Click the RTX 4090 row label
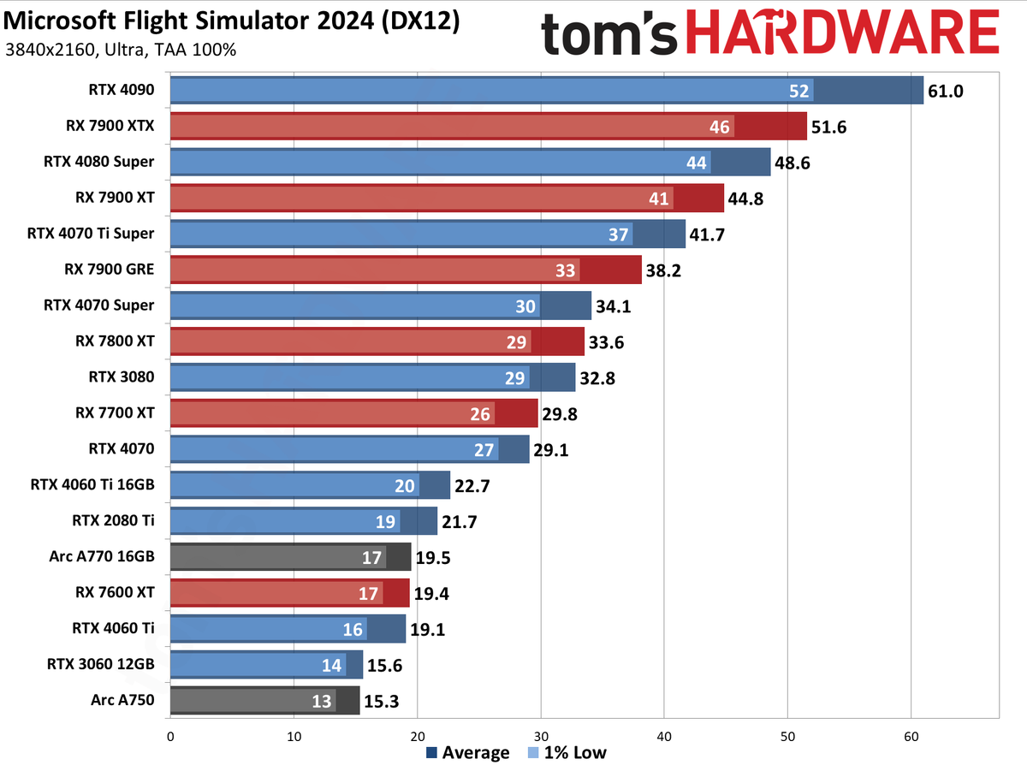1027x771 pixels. (x=121, y=89)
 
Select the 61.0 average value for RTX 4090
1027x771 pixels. (x=946, y=90)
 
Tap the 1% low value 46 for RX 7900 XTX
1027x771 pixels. (x=720, y=127)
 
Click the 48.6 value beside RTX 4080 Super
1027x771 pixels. (x=793, y=162)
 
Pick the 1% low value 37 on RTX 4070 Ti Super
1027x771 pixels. (x=619, y=234)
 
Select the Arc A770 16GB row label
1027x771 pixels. (x=102, y=556)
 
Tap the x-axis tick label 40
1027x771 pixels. (x=664, y=735)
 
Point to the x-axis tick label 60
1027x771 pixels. (x=911, y=735)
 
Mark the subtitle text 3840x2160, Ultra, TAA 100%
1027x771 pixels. (x=121, y=50)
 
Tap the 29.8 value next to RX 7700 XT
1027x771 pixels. (x=560, y=413)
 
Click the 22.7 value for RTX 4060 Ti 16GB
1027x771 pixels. (x=472, y=485)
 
